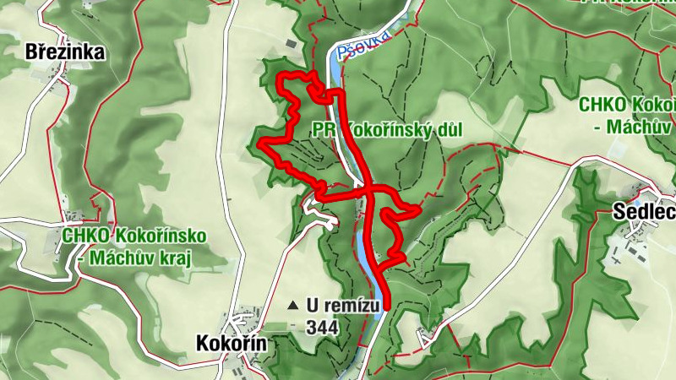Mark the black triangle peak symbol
292,305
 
